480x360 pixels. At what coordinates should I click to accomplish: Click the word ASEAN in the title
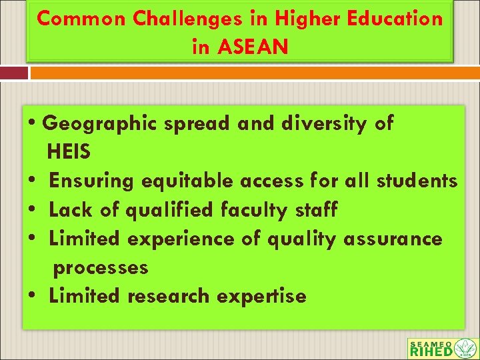pyautogui.click(x=256, y=47)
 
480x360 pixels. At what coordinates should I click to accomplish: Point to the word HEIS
pyautogui.click(x=69, y=152)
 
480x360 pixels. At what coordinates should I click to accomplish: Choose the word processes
pyautogui.click(x=101, y=267)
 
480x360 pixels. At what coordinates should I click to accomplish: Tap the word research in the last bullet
pyautogui.click(x=169, y=296)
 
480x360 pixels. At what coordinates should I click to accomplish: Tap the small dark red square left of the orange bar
pyautogui.click(x=13, y=72)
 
